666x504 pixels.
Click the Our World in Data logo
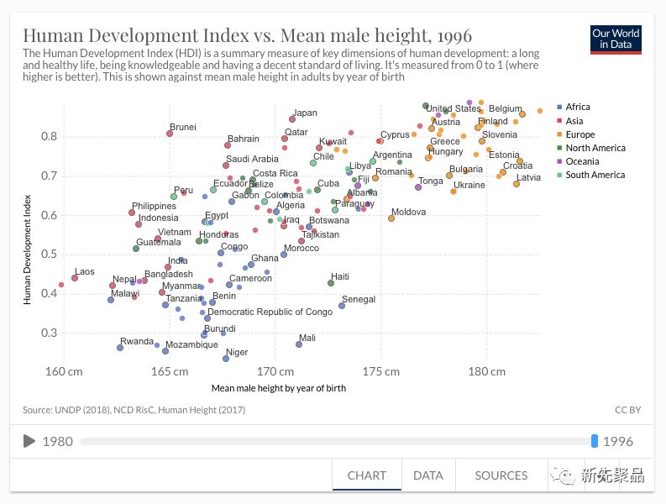pos(616,39)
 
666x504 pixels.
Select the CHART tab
pos(367,475)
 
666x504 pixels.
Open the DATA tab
pos(427,475)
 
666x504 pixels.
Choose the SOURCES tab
pos(501,475)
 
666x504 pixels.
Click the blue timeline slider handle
pos(595,441)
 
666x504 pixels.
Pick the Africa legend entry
pos(578,108)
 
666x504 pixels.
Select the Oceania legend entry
pos(582,161)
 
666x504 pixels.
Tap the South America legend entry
pos(595,175)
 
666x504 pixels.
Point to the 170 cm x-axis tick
pos(273,371)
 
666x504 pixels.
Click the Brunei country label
pos(182,128)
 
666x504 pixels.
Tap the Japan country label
pos(305,113)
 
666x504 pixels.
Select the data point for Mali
pos(299,344)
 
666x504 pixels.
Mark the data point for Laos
pos(75,278)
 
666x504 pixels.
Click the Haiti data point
pos(331,283)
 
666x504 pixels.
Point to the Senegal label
pos(359,300)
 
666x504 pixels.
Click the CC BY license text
pos(627,410)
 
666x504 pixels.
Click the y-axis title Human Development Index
pos(28,235)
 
